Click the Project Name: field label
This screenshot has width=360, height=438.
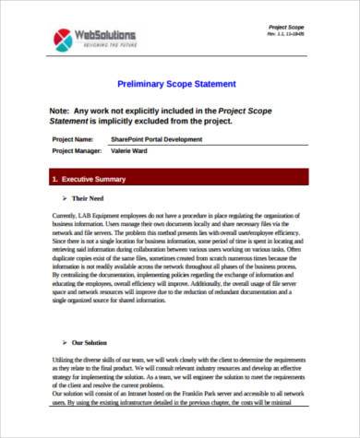[73, 139]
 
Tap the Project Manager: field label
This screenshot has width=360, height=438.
[78, 149]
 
